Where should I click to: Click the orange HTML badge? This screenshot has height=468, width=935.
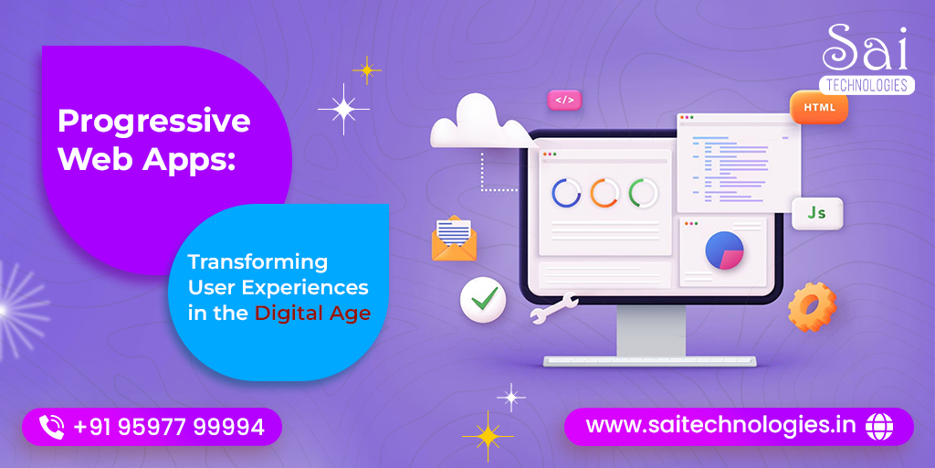click(x=819, y=108)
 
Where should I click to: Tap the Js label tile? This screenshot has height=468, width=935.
click(x=817, y=213)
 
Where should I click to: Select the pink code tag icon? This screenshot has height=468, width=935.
click(x=564, y=101)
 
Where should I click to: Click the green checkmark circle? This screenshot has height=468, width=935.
click(x=483, y=299)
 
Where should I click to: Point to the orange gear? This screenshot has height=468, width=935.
click(x=812, y=307)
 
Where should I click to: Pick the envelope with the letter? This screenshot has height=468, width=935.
click(x=454, y=239)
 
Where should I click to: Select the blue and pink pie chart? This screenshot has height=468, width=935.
click(x=724, y=250)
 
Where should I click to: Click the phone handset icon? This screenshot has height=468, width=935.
click(x=51, y=427)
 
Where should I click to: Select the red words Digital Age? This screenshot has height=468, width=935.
click(x=313, y=314)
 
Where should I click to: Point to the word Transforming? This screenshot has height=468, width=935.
click(x=258, y=262)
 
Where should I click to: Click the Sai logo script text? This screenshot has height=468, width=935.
click(x=865, y=48)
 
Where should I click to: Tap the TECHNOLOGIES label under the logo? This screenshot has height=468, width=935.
click(x=867, y=85)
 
